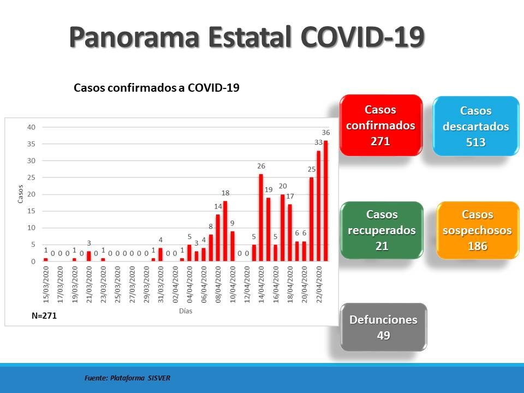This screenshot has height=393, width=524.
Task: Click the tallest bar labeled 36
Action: [325, 201]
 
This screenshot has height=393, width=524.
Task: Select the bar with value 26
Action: [261, 218]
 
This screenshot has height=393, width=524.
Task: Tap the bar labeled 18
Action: [225, 231]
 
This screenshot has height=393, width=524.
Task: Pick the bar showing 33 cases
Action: [318, 206]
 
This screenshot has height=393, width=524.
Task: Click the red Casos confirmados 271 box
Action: [381, 126]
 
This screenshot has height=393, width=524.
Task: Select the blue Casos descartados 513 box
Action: [476, 126]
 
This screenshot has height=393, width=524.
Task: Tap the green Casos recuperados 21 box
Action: [382, 230]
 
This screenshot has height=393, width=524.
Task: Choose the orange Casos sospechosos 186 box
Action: [478, 230]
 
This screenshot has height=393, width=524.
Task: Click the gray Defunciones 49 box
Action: [384, 327]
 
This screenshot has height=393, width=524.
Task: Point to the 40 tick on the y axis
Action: [31, 127]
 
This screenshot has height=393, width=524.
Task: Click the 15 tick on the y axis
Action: [31, 211]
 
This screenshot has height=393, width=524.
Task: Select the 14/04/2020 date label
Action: [261, 284]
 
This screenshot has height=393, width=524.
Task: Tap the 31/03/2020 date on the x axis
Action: [160, 284]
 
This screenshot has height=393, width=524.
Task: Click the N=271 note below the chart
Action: [44, 316]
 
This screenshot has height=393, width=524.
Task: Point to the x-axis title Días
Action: [186, 311]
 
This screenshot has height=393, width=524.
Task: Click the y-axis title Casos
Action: [20, 194]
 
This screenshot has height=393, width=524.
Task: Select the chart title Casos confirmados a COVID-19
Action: [157, 87]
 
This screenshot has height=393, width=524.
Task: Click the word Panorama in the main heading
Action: [134, 37]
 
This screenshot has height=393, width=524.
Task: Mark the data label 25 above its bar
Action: [312, 169]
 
